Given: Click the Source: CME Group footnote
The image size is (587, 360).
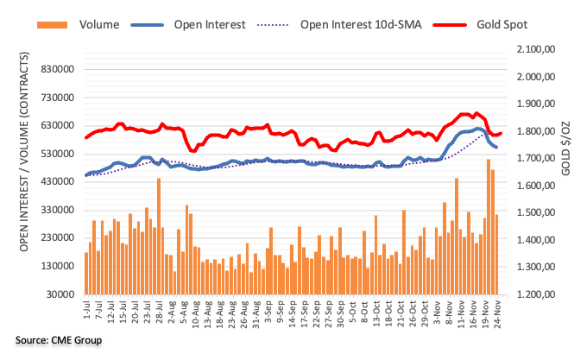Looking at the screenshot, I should pos(58,340).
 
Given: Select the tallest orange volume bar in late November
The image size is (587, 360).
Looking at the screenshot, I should pos(489,226).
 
